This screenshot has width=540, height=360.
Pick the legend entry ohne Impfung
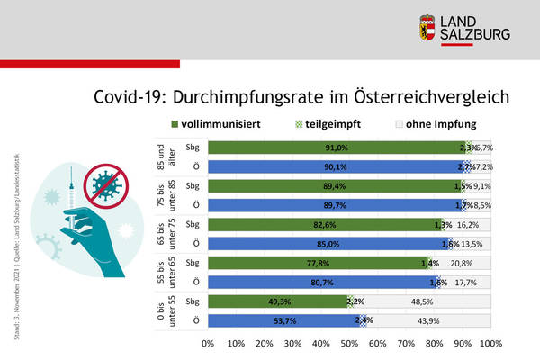pos(438,124)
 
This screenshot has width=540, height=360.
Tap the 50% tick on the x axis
pos(349,343)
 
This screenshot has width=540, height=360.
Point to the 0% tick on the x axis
pos(208,343)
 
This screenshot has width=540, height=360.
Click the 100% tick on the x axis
pos(491,343)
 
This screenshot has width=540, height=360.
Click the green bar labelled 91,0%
pos(337,148)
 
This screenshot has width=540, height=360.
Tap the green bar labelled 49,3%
pos(277,301)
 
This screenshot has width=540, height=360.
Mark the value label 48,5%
pos(420,301)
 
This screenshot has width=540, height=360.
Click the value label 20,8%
pos(463,263)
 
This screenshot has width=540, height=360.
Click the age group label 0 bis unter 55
pos(161,310)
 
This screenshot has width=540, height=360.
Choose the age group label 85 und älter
pos(161,157)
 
